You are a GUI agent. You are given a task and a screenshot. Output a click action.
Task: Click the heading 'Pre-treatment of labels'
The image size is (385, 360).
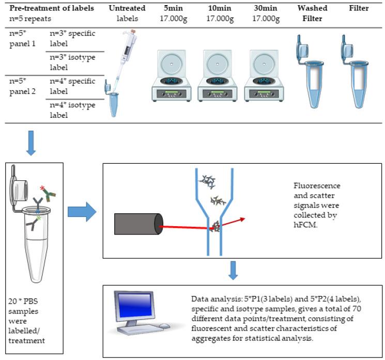click(x=52, y=8)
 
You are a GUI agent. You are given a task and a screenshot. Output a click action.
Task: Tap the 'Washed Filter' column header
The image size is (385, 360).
click(x=309, y=13)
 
